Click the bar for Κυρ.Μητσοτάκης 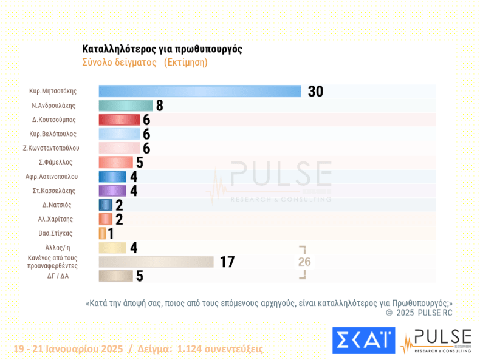pos(200,91)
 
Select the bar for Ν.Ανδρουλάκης pos(126,105)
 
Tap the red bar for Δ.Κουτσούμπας pos(119,120)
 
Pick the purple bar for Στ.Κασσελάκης pos(112,191)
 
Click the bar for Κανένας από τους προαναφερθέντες pos(156,262)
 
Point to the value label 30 pos(315,92)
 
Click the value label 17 pos(227,262)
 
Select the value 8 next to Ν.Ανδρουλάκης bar pos(159,106)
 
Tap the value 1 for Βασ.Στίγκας pos(111,234)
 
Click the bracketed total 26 pos(304,262)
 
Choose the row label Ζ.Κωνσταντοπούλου pos(55,148)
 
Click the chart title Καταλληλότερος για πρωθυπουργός pos(162,49)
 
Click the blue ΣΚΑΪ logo pos(363,341)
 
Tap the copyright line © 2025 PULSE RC pos(419,313)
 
